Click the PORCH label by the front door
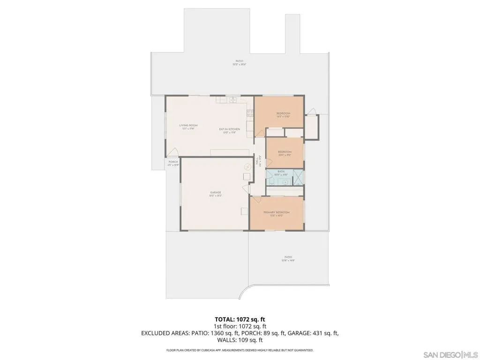tap(173, 163)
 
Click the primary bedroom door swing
tap(255, 200)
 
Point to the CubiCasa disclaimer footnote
tap(240, 350)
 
